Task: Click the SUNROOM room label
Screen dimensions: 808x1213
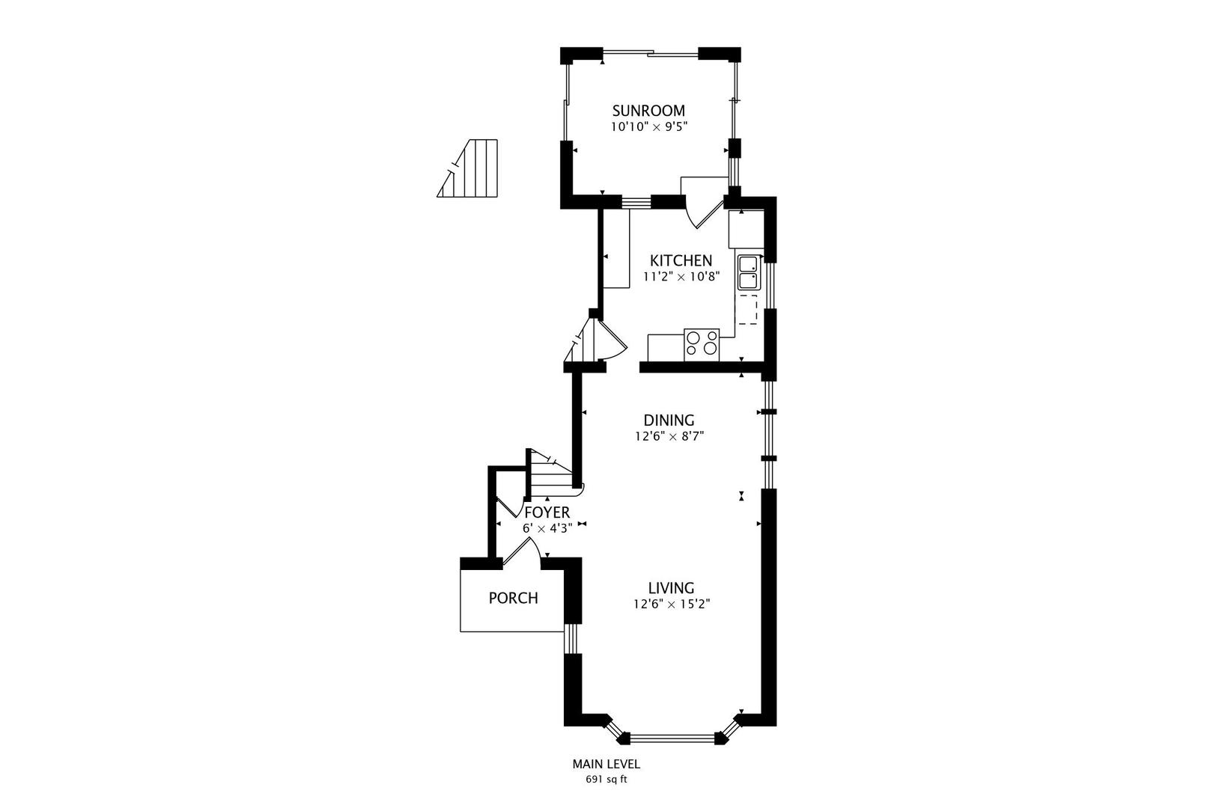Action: click(648, 111)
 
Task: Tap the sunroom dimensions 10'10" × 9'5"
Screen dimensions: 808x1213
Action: click(648, 127)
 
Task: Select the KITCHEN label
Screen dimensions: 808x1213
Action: click(681, 261)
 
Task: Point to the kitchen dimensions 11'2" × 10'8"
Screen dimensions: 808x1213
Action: click(681, 277)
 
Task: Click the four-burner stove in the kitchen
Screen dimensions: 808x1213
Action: click(702, 344)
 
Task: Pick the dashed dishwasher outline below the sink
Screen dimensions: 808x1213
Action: click(747, 309)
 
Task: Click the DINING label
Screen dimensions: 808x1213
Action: click(669, 420)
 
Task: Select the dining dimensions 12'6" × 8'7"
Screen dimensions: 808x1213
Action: click(669, 436)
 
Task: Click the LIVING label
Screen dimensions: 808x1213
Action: click(671, 588)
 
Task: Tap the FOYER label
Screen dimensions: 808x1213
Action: click(547, 513)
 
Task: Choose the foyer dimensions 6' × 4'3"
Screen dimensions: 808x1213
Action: click(547, 528)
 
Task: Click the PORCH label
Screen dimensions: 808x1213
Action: click(513, 599)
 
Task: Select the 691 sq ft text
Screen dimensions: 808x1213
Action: click(606, 780)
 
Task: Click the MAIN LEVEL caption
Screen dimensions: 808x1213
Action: click(606, 765)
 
